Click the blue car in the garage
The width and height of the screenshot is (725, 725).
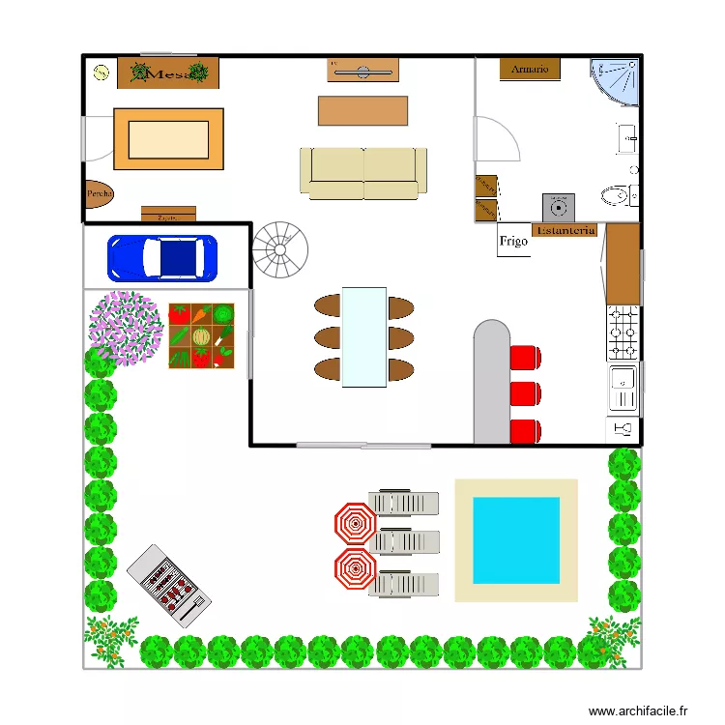[x=162, y=257]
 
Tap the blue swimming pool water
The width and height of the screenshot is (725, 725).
[x=515, y=540]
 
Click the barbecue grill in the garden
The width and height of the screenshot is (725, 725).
[x=169, y=586]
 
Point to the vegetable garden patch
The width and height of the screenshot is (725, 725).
[x=201, y=335]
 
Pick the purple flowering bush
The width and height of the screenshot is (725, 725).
[x=126, y=327]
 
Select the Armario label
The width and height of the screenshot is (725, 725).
[x=530, y=70]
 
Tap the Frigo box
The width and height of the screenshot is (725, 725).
[x=513, y=242]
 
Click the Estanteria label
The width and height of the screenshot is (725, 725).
[x=565, y=231]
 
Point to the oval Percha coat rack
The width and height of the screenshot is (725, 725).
[x=99, y=195]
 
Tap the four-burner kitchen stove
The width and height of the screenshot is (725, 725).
[x=623, y=333]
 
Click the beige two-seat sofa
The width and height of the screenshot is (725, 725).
[x=363, y=172]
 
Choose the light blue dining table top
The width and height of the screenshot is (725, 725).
[x=364, y=336]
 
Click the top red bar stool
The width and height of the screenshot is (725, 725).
[x=525, y=358]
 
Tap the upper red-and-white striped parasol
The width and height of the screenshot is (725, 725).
[x=355, y=524]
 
